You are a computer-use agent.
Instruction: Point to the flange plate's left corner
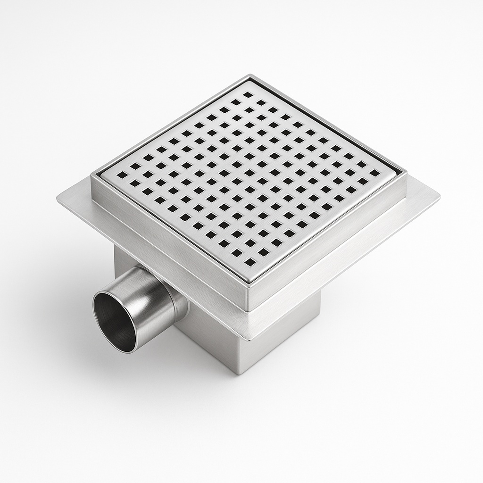[x=58, y=198]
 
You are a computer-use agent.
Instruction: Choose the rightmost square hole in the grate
[x=375, y=173]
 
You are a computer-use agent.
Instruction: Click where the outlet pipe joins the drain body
[x=181, y=302]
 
